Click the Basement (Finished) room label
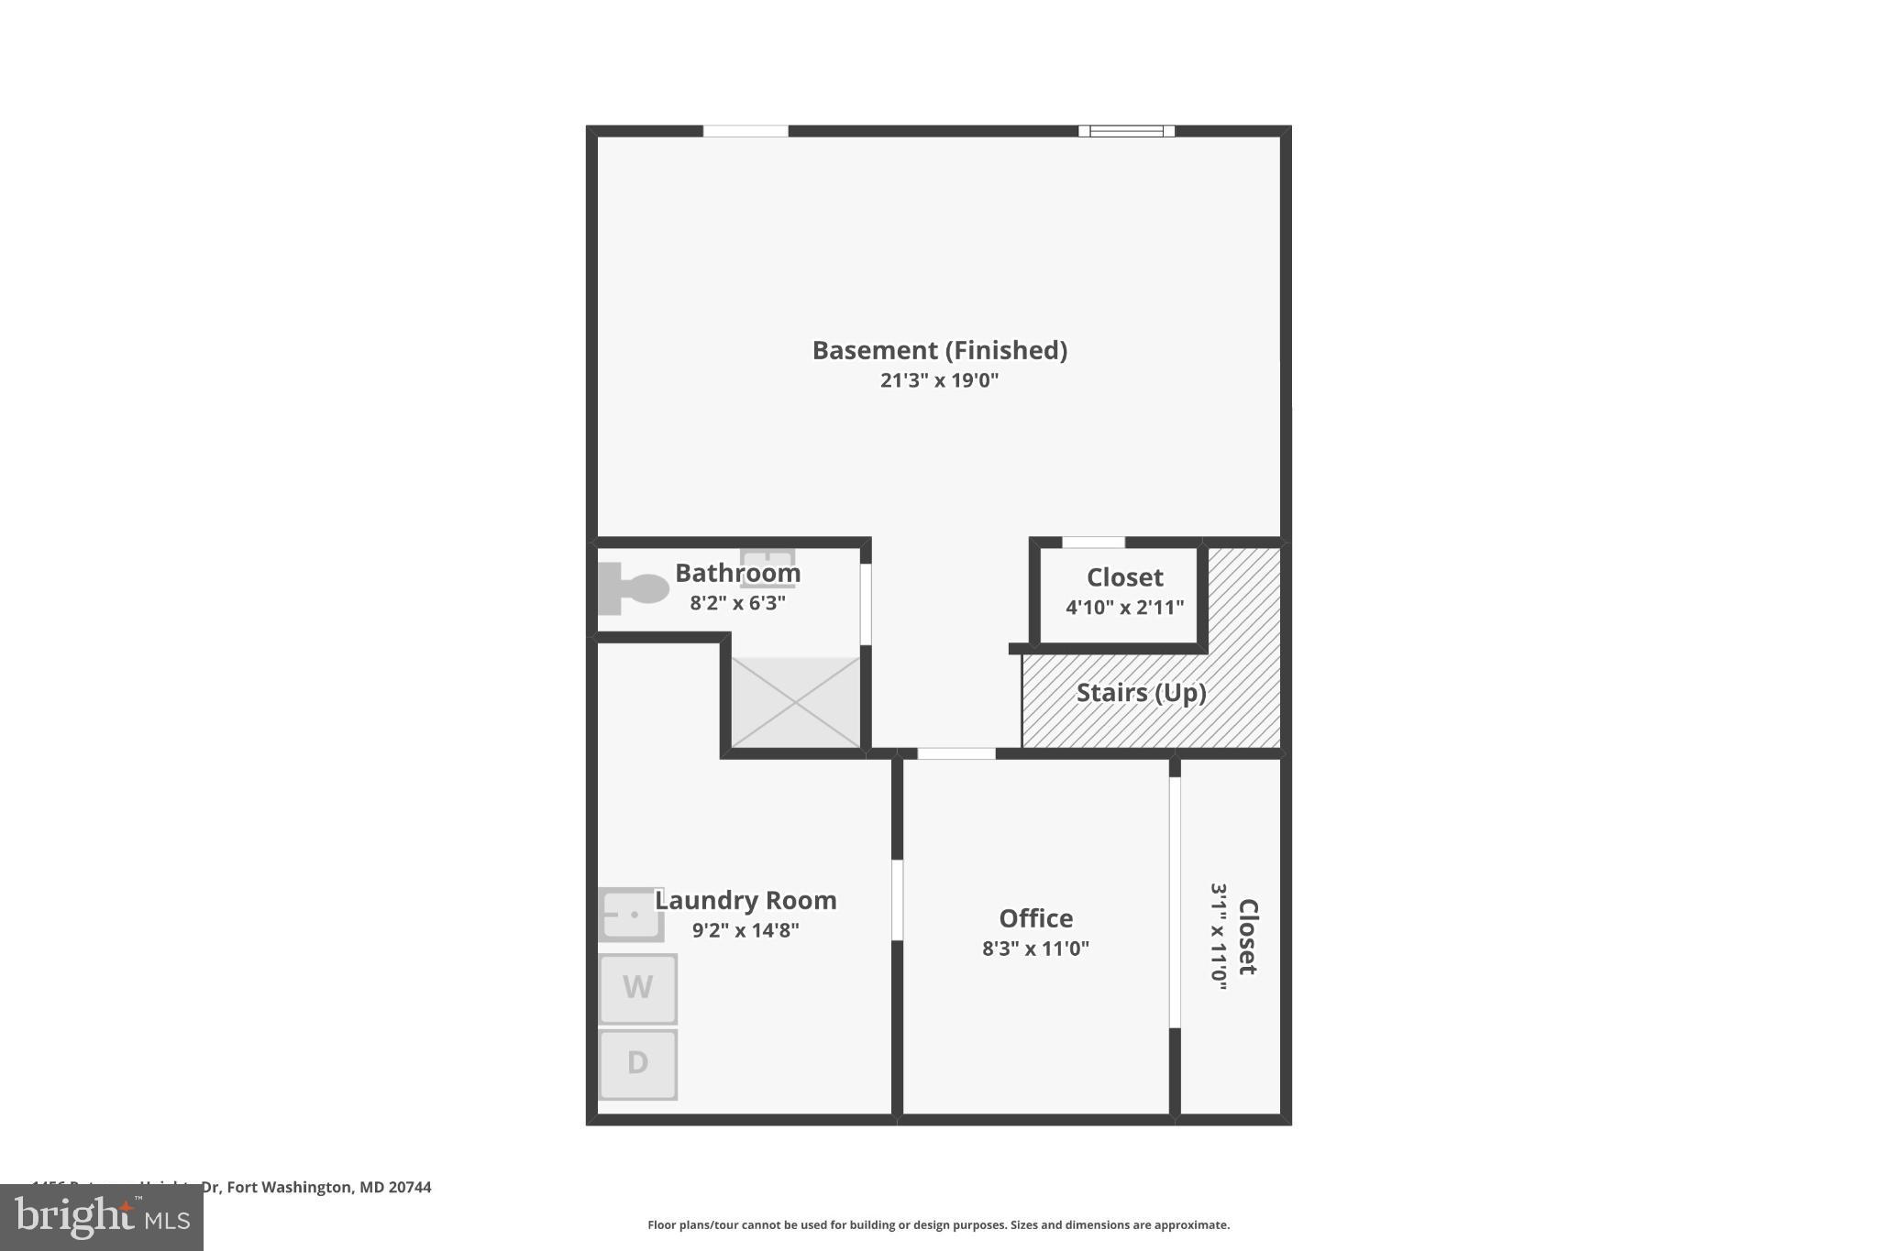(939, 350)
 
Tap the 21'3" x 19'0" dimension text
(939, 380)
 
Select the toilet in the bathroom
(635, 587)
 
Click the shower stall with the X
(795, 702)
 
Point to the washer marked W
(638, 988)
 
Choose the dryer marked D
(638, 1063)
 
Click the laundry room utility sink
(631, 914)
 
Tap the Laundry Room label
(746, 900)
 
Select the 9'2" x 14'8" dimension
(746, 930)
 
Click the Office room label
(1035, 918)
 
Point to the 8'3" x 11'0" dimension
(1035, 949)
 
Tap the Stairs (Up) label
(1141, 692)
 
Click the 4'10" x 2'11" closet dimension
(1124, 607)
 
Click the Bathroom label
(738, 573)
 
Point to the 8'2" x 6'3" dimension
(738, 603)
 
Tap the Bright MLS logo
(102, 1217)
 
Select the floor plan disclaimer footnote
(938, 1224)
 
